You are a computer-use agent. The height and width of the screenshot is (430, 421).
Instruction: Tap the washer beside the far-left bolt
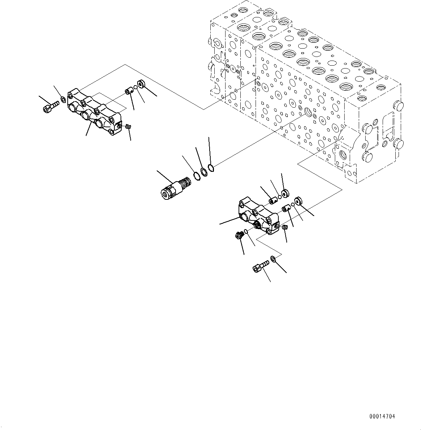pos(63,99)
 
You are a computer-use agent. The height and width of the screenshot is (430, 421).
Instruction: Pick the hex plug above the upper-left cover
pos(141,84)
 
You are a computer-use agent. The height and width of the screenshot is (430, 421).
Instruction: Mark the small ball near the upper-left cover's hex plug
pos(135,87)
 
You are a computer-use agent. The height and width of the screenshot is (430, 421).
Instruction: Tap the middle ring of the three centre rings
pos(204,171)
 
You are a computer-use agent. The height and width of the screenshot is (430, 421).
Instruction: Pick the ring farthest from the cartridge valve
pos(211,168)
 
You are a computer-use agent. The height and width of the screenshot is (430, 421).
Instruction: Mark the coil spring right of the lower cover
pos(285,227)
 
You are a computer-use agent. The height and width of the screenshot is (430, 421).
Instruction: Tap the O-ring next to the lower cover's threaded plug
pos(245,232)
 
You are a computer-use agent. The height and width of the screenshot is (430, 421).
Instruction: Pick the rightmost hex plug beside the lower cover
pos(299,201)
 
